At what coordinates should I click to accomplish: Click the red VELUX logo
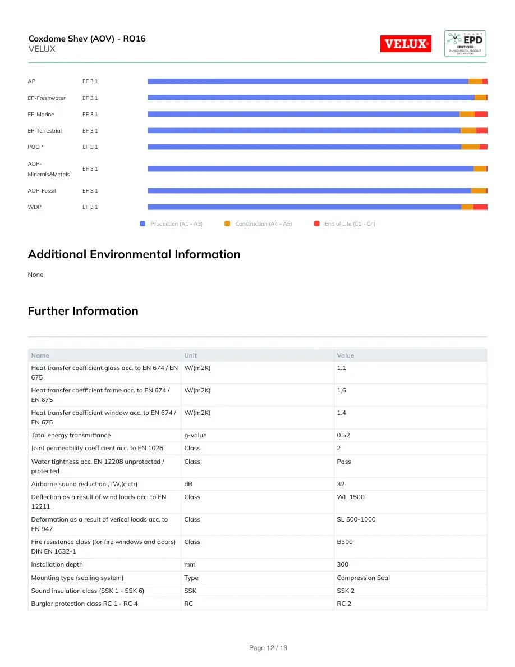(x=406, y=44)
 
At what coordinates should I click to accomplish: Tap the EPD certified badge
(x=465, y=44)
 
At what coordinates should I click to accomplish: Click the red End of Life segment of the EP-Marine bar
(x=481, y=114)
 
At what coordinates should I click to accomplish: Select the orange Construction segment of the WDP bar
(x=467, y=207)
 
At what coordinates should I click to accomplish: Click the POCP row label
(x=35, y=147)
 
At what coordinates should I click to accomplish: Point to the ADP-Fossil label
(x=42, y=190)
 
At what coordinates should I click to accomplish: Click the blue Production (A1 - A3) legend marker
(x=142, y=223)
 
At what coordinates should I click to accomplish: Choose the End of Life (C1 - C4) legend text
(x=350, y=224)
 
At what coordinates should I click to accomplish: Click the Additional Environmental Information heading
(x=134, y=254)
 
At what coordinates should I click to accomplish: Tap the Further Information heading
(x=83, y=311)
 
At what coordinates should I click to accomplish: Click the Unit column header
(x=190, y=355)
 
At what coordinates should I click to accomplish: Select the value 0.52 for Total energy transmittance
(x=343, y=435)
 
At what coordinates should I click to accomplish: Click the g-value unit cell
(x=195, y=435)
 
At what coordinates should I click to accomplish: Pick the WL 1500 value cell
(x=351, y=497)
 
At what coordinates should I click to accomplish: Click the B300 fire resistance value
(x=344, y=542)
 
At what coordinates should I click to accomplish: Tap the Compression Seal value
(x=364, y=578)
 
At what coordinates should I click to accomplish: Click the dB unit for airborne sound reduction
(x=188, y=484)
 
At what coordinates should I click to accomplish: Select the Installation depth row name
(x=57, y=564)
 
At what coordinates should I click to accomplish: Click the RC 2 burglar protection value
(x=344, y=604)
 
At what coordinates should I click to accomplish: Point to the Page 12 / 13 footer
(x=268, y=648)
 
